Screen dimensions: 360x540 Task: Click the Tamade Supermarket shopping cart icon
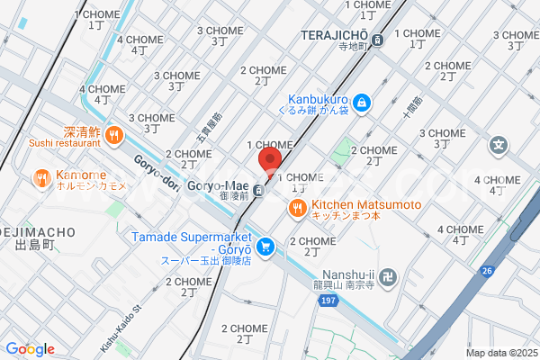265,246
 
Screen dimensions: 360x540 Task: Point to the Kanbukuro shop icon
361,103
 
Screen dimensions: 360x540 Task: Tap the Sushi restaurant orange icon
113,136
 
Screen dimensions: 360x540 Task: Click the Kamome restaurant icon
41,179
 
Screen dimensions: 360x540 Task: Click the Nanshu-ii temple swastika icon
390,275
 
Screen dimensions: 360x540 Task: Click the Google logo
30,348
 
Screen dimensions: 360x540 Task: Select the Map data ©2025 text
500,353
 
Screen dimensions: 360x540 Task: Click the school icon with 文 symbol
498,144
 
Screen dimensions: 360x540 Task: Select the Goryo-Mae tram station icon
258,189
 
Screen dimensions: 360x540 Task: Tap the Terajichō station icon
379,40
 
